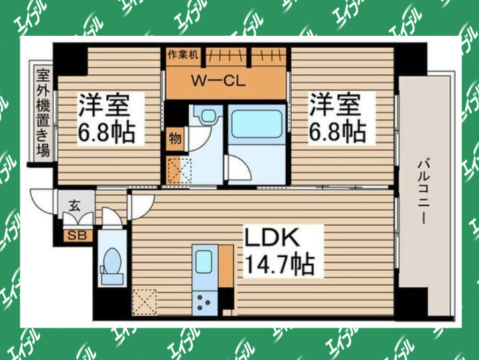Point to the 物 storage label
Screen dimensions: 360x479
174,139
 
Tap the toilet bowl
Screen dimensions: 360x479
111,261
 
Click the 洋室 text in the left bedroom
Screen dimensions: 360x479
107,106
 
